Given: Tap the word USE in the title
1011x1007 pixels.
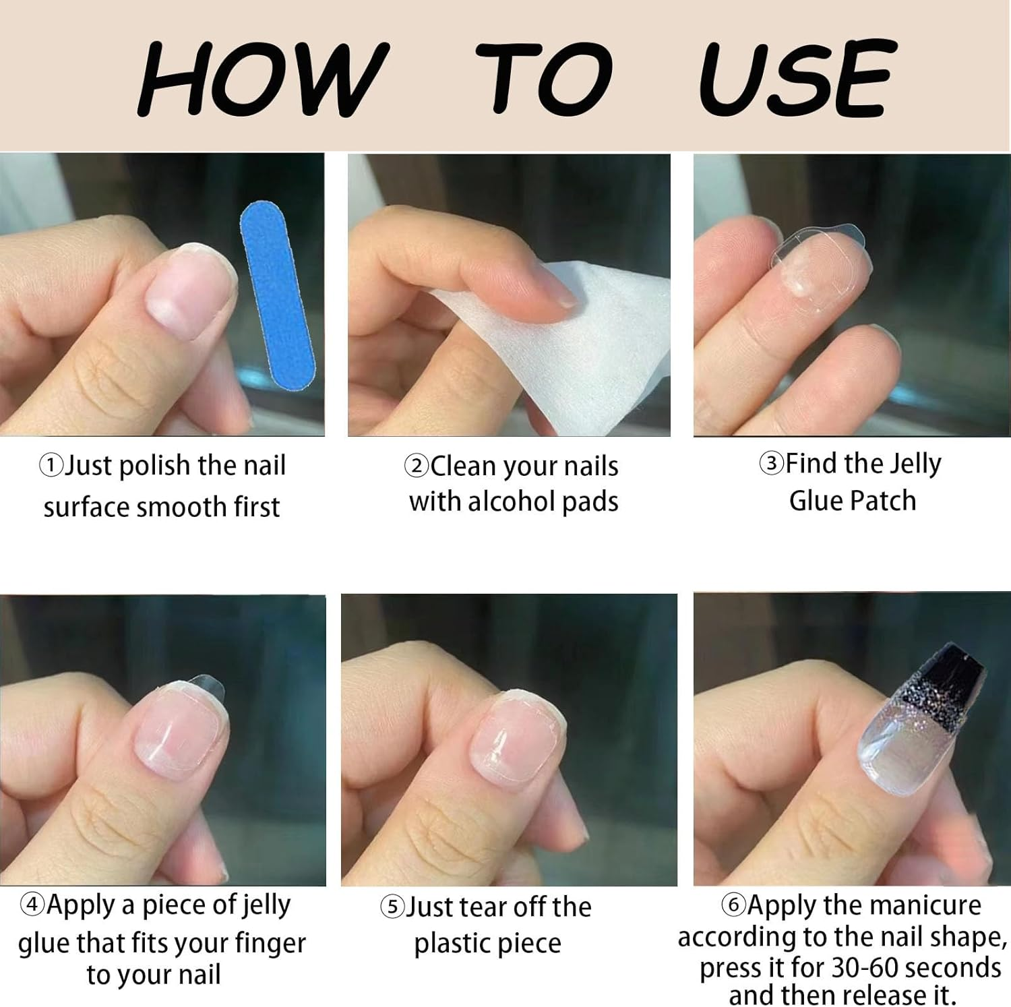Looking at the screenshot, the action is [798, 78].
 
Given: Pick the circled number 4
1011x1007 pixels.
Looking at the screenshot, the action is [32, 905].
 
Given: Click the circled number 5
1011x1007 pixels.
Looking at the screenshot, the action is [392, 907].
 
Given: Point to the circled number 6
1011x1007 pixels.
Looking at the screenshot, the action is [734, 905].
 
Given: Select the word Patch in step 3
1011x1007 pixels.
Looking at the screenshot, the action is [884, 501].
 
